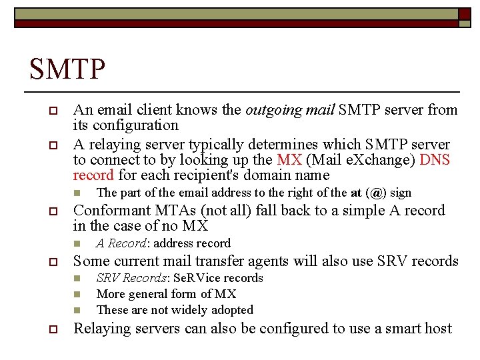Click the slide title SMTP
click(x=68, y=69)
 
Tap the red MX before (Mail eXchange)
click(x=289, y=160)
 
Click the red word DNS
click(x=435, y=160)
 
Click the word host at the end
click(x=437, y=329)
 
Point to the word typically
click(x=219, y=145)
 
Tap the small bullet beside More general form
click(x=77, y=294)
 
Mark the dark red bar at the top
click(x=239, y=23)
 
